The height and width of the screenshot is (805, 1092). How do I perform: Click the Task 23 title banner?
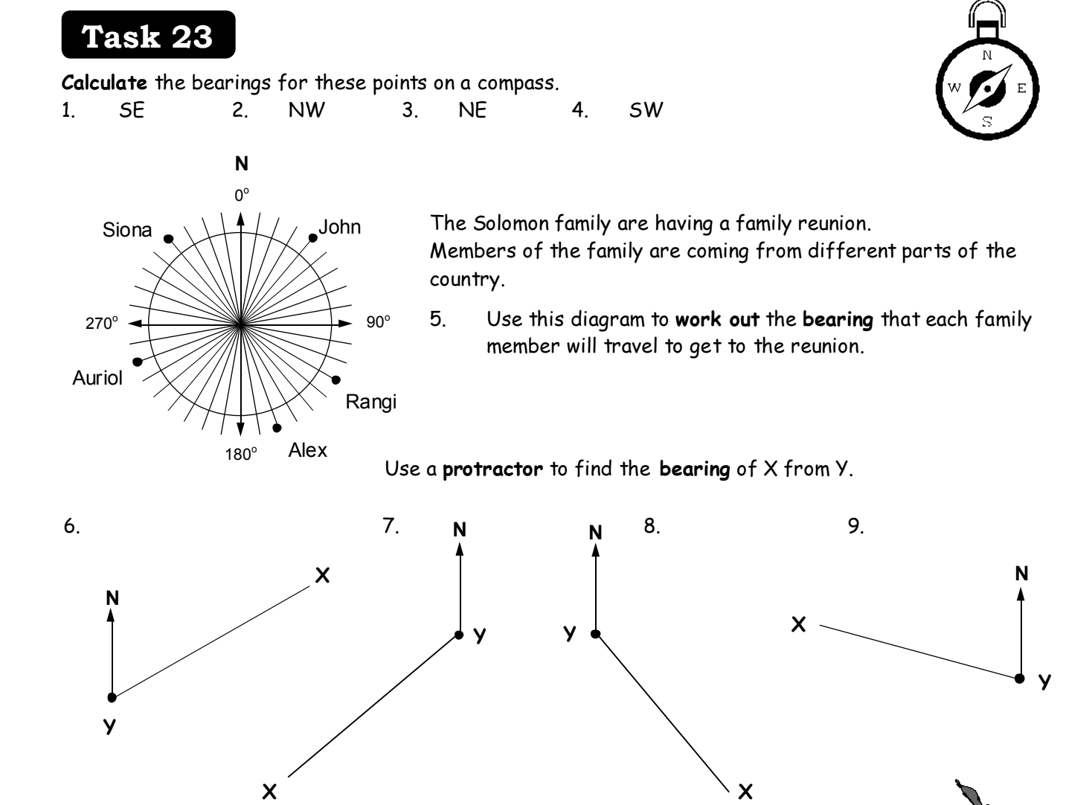pos(148,35)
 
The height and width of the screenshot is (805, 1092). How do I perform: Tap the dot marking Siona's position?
pos(168,239)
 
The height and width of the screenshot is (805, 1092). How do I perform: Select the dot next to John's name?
pos(313,238)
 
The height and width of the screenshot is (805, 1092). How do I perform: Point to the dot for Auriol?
pos(138,362)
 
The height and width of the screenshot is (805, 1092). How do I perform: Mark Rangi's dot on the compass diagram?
pos(336,380)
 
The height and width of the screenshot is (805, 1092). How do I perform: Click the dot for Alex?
pos(277,428)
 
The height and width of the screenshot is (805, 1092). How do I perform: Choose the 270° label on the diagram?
pos(102,323)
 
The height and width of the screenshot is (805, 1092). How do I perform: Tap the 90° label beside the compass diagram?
pos(379,322)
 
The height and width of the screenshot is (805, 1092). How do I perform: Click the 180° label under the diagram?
pos(241,454)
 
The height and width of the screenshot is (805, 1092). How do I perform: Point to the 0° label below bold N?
pos(242,195)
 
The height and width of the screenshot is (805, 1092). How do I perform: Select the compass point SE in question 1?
pos(132,111)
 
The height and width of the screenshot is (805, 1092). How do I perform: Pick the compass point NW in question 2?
pos(306,110)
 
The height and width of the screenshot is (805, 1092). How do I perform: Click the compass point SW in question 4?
pos(646,110)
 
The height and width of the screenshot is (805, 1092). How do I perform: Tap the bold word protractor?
pos(492,469)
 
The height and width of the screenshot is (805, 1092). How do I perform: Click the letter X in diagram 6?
pos(322,575)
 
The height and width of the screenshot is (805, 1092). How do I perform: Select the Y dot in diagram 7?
pos(459,635)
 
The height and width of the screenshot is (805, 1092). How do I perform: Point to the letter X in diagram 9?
pos(798,625)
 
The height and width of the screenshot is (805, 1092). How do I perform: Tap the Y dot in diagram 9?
pos(1019,679)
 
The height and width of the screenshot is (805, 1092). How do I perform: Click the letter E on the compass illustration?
pos(1021,89)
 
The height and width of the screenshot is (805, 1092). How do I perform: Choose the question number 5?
pos(437,319)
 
